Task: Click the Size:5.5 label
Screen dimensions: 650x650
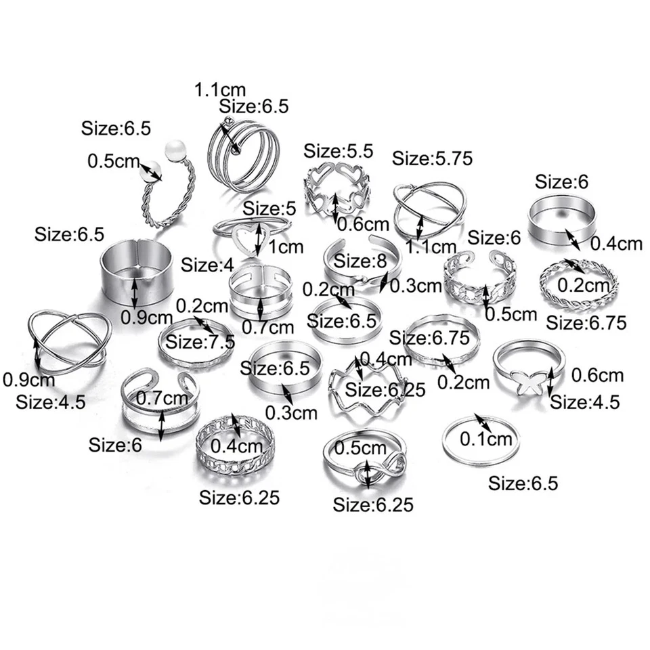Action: pyautogui.click(x=339, y=152)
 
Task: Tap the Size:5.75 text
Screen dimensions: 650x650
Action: pyautogui.click(x=432, y=158)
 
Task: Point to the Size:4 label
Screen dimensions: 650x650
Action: pyautogui.click(x=207, y=265)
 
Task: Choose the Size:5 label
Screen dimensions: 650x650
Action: pyautogui.click(x=269, y=209)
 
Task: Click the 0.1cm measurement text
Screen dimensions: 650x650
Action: pyautogui.click(x=485, y=439)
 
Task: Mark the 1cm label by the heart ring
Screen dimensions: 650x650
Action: pyautogui.click(x=286, y=247)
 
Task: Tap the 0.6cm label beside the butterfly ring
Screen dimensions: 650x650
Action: pyautogui.click(x=598, y=374)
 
